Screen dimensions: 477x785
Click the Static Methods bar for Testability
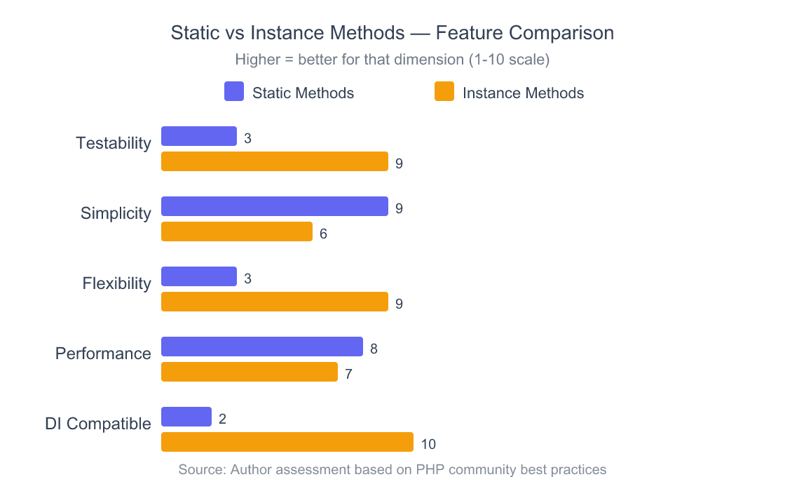point(199,136)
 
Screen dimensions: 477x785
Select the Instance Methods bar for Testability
point(275,161)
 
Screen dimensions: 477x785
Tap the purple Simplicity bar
point(275,206)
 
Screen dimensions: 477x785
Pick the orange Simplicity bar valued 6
point(237,231)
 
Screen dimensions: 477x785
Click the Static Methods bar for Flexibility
point(199,276)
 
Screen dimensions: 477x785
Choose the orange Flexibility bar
point(275,302)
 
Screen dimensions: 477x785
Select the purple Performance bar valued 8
point(262,347)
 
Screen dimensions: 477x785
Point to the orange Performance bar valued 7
point(250,372)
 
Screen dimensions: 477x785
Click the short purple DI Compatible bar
point(186,417)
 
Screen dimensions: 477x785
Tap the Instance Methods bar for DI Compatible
point(287,442)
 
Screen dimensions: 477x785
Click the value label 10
point(428,444)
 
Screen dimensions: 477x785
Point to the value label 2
point(222,419)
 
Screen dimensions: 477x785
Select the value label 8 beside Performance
point(374,349)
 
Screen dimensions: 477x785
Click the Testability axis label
point(114,143)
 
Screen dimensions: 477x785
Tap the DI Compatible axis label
point(98,424)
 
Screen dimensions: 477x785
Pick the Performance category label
point(103,354)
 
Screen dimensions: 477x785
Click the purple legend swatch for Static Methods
point(234,92)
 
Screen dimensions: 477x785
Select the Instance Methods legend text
point(523,93)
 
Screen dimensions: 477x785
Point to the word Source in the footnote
point(200,469)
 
